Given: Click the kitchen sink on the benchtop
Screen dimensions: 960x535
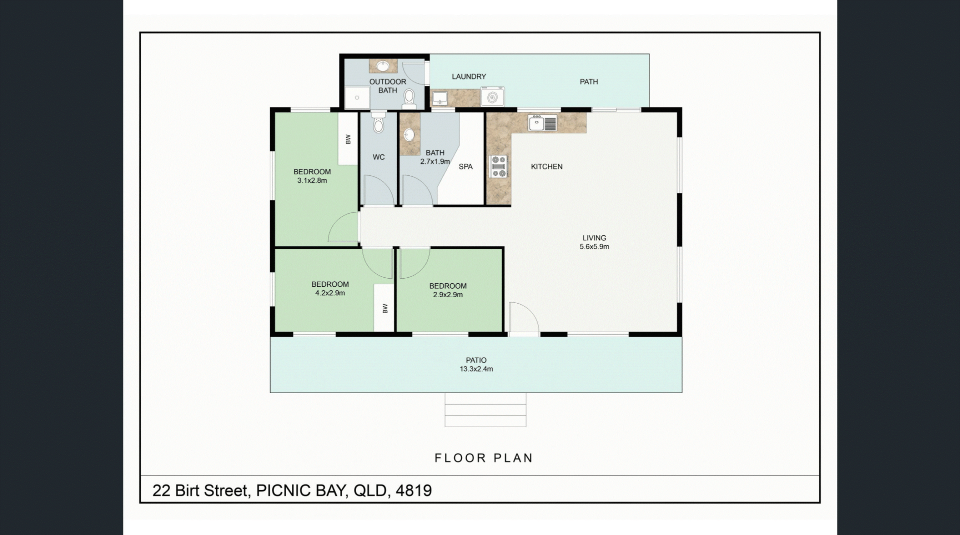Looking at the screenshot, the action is pyautogui.click(x=542, y=123).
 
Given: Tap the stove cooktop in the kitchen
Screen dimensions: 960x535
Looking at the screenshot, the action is pyautogui.click(x=498, y=166).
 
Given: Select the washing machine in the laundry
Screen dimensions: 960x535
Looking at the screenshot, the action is pyautogui.click(x=492, y=96).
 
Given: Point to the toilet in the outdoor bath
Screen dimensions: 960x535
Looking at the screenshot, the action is pyautogui.click(x=409, y=98).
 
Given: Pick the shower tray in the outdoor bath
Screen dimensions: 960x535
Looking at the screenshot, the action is pyautogui.click(x=357, y=97).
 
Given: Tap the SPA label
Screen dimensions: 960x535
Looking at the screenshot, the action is pyautogui.click(x=465, y=167).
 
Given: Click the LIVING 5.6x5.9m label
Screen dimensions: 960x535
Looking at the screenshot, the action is pyautogui.click(x=594, y=242).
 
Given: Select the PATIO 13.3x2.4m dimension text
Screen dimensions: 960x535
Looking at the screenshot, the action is pyautogui.click(x=476, y=369).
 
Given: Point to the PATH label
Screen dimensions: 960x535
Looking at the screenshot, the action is pyautogui.click(x=588, y=82).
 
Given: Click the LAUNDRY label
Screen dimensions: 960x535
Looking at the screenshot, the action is pyautogui.click(x=469, y=76).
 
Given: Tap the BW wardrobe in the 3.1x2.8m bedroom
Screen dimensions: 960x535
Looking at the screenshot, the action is pyautogui.click(x=348, y=139).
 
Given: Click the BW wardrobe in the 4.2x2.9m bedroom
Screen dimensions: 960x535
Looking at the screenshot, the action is pyautogui.click(x=384, y=308).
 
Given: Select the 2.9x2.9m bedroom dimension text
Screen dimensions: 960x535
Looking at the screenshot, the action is pyautogui.click(x=447, y=295).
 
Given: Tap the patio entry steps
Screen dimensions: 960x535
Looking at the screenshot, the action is pyautogui.click(x=485, y=410).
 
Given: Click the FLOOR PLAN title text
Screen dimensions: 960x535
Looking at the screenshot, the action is pyautogui.click(x=483, y=458).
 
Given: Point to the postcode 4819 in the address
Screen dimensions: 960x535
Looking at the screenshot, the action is pyautogui.click(x=413, y=491).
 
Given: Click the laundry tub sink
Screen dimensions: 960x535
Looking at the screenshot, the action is pyautogui.click(x=439, y=97).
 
